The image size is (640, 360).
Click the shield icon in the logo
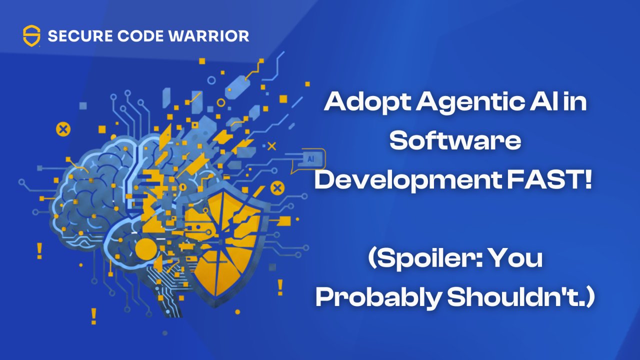pos(31,36)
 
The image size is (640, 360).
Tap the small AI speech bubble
pos(310,159)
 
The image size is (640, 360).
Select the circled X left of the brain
pos(63,129)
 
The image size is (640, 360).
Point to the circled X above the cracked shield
pos(276,188)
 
